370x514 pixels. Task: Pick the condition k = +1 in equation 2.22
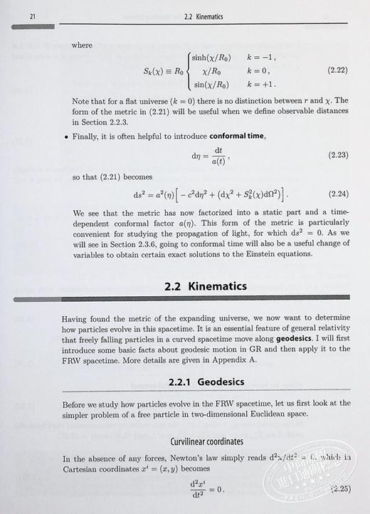[260, 85]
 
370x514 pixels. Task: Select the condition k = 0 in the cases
[258, 70]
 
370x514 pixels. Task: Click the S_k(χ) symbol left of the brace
[154, 70]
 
